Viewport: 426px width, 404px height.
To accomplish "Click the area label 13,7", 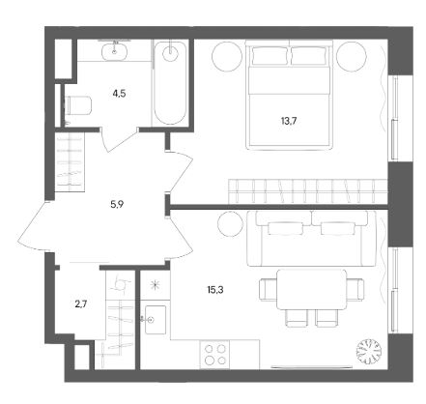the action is (x=289, y=121).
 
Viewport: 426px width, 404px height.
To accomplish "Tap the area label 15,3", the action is (x=215, y=290).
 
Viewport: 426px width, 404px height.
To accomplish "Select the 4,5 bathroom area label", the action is (x=119, y=94).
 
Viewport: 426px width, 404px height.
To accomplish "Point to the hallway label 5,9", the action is (x=117, y=204).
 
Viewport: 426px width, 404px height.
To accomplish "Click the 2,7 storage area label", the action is (x=81, y=303).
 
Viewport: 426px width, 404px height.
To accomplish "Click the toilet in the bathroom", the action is (x=78, y=105).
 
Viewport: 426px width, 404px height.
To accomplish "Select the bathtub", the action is (x=170, y=82).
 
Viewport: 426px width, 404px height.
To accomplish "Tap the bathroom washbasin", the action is (x=114, y=51).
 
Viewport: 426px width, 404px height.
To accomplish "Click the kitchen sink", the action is (x=156, y=320).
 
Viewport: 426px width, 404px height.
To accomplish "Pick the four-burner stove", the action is (x=214, y=354).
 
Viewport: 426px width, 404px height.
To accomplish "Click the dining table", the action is (x=312, y=289).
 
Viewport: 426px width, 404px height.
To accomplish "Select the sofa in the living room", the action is (x=312, y=239).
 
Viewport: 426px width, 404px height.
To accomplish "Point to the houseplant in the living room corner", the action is (x=369, y=352).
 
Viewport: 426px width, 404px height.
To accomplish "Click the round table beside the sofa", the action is (x=230, y=224).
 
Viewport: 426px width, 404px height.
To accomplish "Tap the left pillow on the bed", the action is (x=270, y=55).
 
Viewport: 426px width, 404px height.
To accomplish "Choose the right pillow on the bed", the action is (x=308, y=55).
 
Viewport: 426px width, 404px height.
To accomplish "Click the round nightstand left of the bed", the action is (x=227, y=56).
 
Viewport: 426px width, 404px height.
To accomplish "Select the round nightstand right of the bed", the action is (x=352, y=56).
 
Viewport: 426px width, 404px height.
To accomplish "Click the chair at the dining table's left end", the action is (x=269, y=290).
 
